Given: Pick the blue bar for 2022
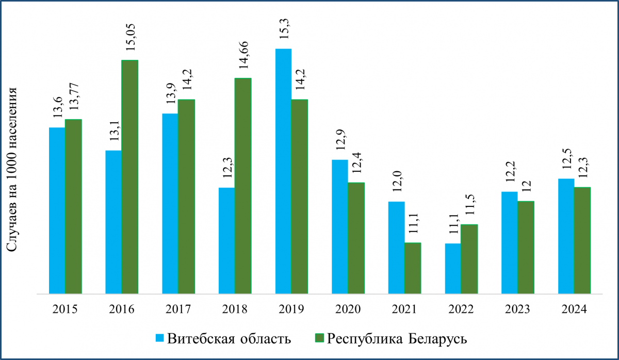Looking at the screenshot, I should click(x=453, y=269).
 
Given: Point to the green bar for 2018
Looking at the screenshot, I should click(x=243, y=186).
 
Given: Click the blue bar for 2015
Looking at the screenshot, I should click(x=57, y=210).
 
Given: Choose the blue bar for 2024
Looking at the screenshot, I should click(x=566, y=236).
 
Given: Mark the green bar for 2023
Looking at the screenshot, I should click(x=526, y=248).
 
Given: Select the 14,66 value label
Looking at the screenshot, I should click(x=243, y=54).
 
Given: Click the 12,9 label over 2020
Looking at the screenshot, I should click(x=340, y=142).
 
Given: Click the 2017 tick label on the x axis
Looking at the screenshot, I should click(x=178, y=309).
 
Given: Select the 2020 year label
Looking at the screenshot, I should click(x=348, y=309).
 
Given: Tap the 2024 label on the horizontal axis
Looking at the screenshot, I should click(x=574, y=309).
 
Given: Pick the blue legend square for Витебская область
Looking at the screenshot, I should click(x=160, y=338).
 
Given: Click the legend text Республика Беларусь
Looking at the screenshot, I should click(x=397, y=339).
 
